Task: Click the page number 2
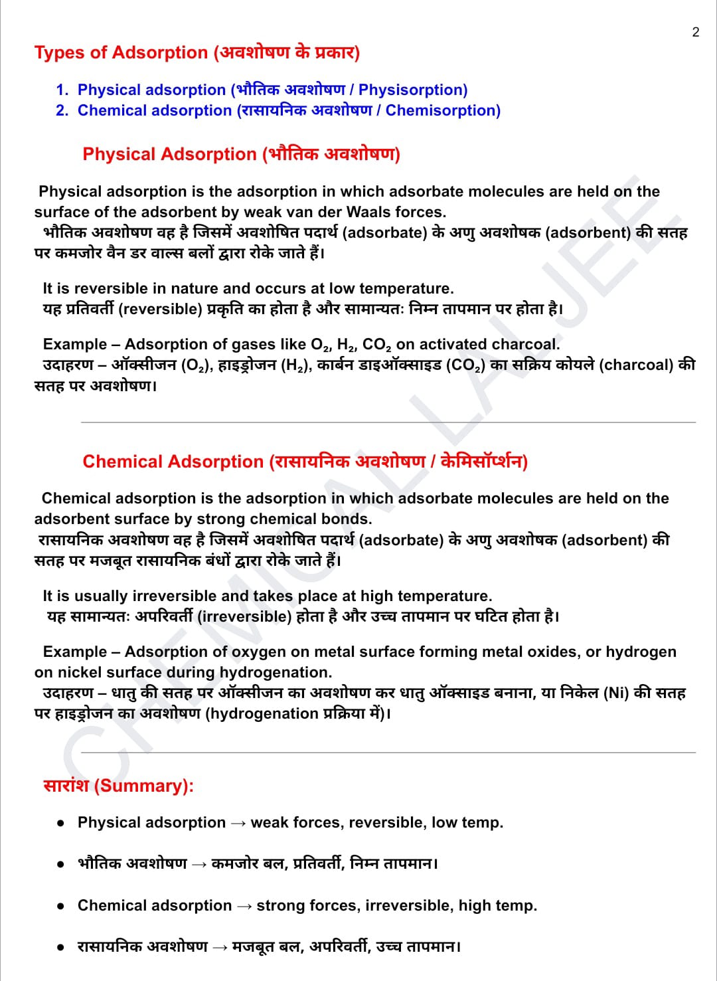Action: coord(695,32)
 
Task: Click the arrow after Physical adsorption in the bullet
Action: coord(238,824)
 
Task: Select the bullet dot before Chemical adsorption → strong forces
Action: coord(60,906)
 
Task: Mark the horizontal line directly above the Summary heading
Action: coord(388,753)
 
